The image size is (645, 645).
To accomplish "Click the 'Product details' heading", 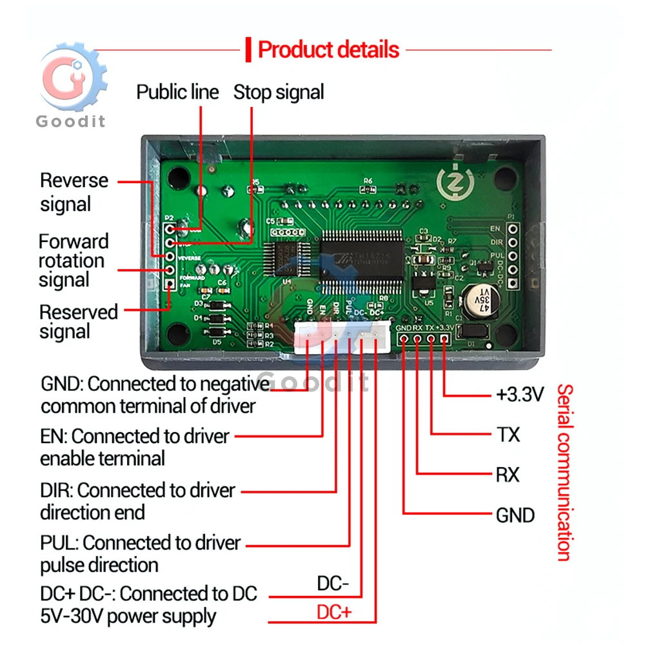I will [328, 50].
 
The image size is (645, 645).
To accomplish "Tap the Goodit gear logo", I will [71, 81].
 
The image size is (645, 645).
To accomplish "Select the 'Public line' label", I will [177, 92].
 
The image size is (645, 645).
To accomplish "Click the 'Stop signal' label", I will [279, 92].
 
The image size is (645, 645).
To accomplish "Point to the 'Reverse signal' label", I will [74, 192].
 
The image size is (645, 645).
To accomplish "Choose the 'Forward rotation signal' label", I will [73, 261].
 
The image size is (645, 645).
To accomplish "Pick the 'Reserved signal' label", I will [78, 321].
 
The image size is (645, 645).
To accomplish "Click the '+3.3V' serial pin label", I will [520, 394].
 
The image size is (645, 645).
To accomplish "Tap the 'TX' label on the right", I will [508, 435].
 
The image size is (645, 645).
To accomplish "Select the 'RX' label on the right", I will [508, 475].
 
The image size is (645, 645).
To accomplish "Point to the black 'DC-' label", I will [333, 584].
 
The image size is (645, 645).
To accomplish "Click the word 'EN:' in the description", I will [54, 437].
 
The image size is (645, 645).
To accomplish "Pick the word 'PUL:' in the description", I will [59, 543].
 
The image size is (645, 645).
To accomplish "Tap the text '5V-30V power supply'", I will [128, 616].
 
